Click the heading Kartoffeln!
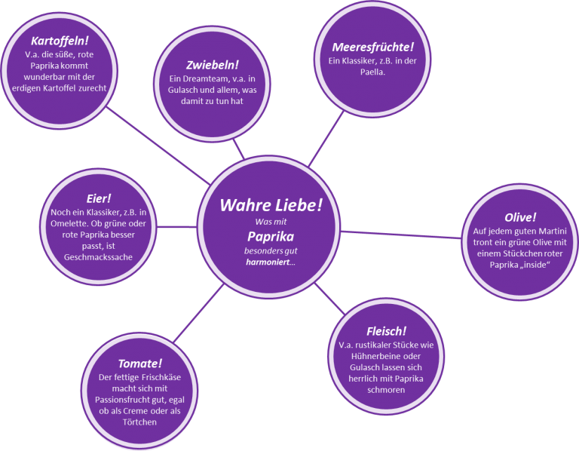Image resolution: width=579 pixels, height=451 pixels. coord(61,40)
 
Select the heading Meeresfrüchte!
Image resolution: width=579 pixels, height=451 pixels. coord(372,47)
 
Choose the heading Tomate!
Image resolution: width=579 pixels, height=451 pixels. coord(140,364)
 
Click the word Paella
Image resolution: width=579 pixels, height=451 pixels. coord(372,73)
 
